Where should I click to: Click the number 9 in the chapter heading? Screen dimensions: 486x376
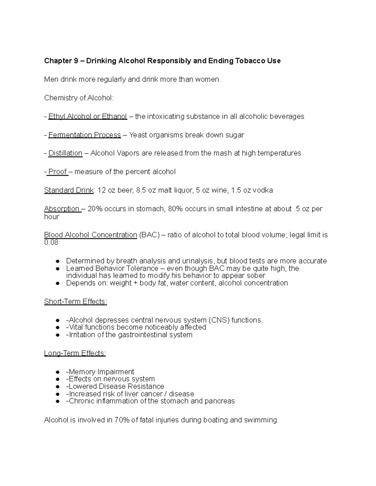(x=76, y=61)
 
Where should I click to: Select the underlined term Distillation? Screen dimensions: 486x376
(x=65, y=153)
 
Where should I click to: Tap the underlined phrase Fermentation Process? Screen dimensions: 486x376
(x=84, y=135)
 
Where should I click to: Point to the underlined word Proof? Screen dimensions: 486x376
(x=58, y=171)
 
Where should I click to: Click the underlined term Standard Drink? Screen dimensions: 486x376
(x=69, y=190)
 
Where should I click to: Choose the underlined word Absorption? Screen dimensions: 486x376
(x=62, y=209)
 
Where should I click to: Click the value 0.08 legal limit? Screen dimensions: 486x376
(x=51, y=243)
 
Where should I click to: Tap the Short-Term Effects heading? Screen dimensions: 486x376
(x=76, y=301)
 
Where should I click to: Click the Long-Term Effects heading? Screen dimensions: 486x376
(x=75, y=353)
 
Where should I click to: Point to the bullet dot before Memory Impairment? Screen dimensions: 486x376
(x=57, y=372)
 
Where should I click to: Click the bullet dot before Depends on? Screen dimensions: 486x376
(x=57, y=283)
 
